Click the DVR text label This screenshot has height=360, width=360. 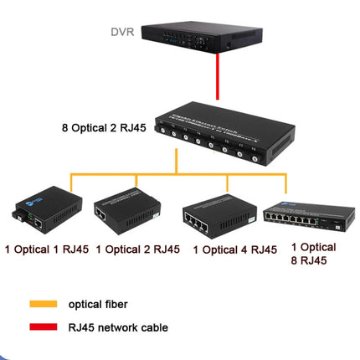pos(123,33)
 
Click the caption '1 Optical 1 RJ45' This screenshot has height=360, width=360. pos(45,249)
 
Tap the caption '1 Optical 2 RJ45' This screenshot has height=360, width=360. pos(137,249)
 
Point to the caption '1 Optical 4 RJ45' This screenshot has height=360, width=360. pos(234,249)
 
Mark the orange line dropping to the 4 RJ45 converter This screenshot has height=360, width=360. pos(227,184)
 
